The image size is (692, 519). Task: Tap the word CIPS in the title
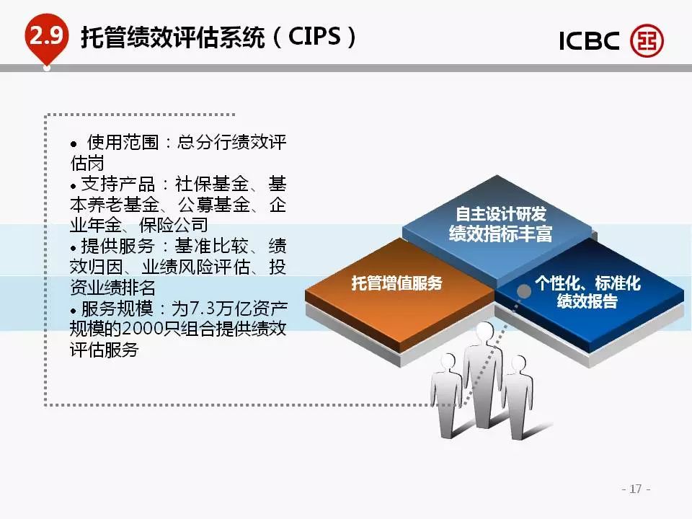(x=315, y=36)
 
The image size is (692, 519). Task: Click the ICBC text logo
(x=589, y=40)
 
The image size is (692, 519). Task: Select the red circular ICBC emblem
(x=647, y=40)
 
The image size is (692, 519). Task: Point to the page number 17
(x=636, y=489)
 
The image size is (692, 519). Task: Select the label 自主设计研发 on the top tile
(x=501, y=214)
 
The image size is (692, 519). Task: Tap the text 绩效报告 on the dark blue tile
(x=587, y=301)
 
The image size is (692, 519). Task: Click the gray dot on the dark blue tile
(x=524, y=291)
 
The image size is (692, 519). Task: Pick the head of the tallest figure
(x=484, y=332)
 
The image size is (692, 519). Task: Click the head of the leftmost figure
(x=448, y=361)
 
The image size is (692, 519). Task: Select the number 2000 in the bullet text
(x=142, y=329)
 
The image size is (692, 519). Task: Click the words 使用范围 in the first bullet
(x=123, y=143)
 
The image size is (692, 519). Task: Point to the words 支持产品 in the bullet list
(x=118, y=184)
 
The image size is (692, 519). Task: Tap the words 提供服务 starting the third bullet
(x=117, y=247)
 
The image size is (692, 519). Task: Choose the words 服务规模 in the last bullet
(x=117, y=309)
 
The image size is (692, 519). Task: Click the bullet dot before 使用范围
(x=74, y=144)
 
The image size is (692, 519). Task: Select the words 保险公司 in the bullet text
(x=173, y=226)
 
